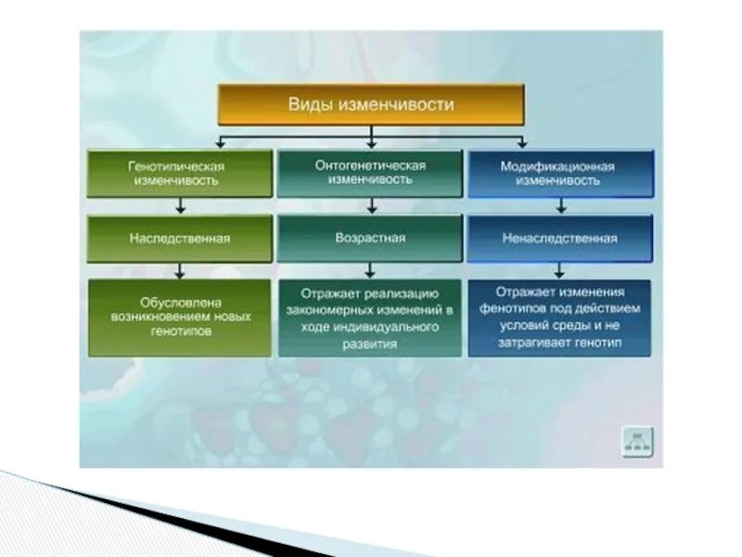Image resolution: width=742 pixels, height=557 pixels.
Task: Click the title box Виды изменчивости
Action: [371, 105]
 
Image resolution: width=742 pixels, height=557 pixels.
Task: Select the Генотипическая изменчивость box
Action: [180, 173]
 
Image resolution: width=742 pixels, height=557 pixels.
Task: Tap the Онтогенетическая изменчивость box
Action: [370, 172]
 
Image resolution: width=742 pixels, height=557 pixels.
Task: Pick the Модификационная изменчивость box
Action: [560, 173]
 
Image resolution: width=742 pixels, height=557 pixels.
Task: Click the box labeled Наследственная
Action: [180, 239]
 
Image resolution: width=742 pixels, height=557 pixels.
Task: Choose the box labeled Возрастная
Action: [370, 238]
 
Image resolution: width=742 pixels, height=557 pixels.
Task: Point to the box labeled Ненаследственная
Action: [560, 239]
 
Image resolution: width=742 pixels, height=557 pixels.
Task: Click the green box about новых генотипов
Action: [180, 317]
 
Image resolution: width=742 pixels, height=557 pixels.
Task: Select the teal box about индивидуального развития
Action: [370, 317]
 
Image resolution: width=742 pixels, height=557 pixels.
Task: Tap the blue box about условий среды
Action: [560, 317]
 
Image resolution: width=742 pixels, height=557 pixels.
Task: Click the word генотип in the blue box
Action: [601, 343]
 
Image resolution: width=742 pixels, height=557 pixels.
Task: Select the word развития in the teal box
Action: [370, 344]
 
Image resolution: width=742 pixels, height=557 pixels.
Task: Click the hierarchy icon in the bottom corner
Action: [637, 442]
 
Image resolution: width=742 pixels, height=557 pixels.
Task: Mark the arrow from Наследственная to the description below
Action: [180, 270]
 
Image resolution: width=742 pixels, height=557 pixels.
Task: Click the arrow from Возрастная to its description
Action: [370, 270]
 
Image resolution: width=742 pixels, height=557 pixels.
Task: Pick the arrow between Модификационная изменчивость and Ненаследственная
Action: [560, 206]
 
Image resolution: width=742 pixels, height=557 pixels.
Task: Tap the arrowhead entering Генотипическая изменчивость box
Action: [219, 144]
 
